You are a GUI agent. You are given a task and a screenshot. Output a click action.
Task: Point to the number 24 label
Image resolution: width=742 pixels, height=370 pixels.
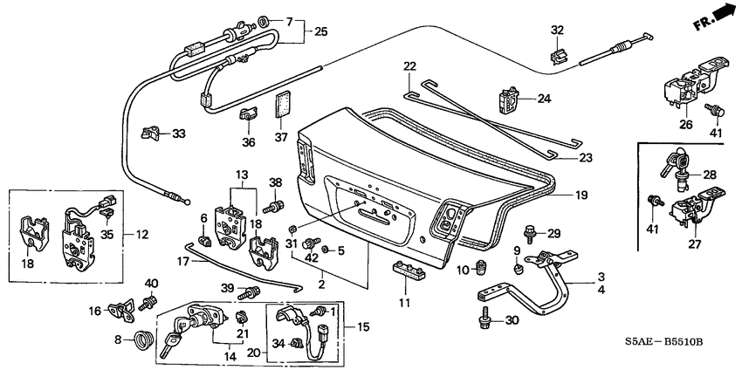[x=544, y=99]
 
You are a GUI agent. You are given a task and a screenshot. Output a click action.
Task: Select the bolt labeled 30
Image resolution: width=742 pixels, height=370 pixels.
[x=484, y=322]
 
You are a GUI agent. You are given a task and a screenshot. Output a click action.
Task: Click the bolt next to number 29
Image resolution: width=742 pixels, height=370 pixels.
[x=531, y=233]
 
